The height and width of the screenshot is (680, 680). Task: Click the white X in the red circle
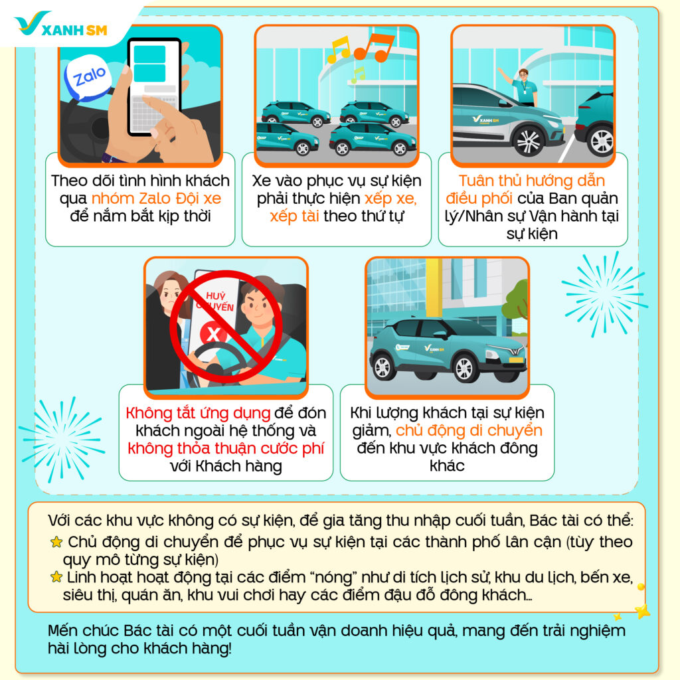pos(213,335)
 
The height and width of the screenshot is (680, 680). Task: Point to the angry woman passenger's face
pos(171,296)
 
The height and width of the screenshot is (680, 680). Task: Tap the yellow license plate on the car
pos(515,360)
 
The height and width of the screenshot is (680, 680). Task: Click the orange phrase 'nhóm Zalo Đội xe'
pos(156,198)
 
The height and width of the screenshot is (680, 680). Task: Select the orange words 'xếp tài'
pos(294,216)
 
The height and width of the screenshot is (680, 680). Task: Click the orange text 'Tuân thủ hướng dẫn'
pos(532,181)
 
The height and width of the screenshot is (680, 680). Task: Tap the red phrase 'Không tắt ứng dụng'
pos(198,413)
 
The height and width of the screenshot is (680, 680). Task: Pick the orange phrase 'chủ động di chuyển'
pos(469,430)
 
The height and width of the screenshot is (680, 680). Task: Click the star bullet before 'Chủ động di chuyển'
pos(56,542)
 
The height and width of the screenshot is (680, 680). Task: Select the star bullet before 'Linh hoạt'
pos(56,577)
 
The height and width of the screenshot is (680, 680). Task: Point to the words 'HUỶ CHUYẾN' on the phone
pos(216,302)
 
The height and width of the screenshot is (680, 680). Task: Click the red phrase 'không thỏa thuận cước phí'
pos(226,448)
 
